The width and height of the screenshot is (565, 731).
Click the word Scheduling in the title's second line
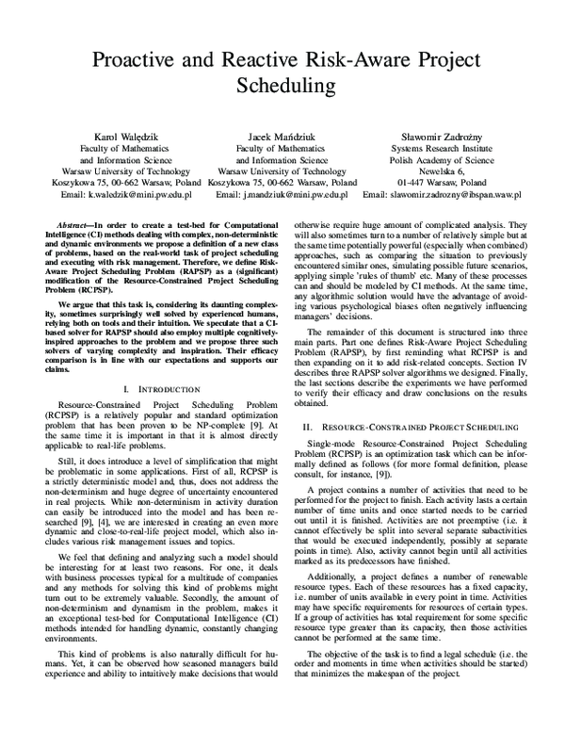pos(282,87)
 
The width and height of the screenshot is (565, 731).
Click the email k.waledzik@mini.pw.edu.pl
pos(139,194)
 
